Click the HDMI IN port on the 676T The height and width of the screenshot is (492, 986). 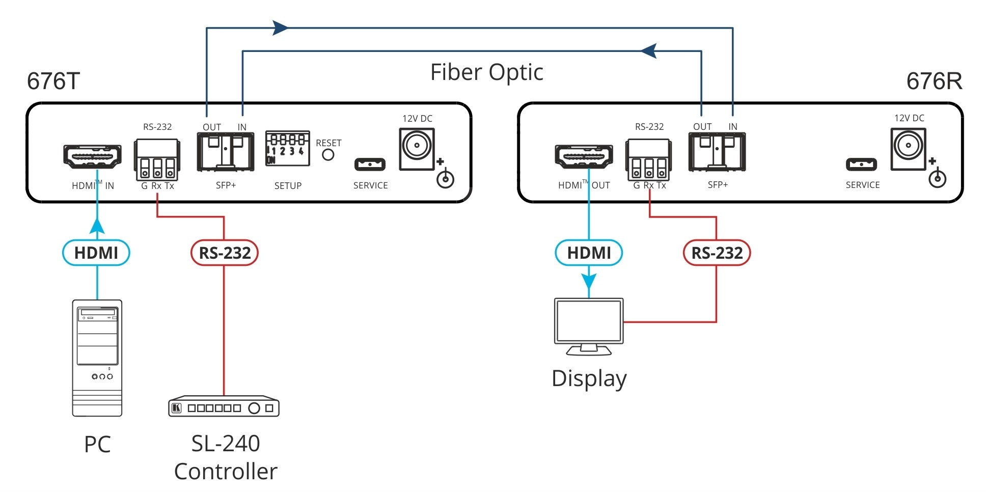92,156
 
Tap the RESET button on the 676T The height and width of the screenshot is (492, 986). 328,154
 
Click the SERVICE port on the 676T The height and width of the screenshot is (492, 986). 370,164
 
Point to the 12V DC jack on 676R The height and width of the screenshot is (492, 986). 908,148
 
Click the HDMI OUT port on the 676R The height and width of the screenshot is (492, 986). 584,156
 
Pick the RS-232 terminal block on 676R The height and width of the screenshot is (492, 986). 648,159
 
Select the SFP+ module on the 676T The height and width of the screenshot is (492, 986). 225,151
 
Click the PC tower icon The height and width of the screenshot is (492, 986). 97,358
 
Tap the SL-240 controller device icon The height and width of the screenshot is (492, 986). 224,407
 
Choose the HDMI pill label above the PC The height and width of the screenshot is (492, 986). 96,253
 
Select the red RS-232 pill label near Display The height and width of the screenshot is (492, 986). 717,253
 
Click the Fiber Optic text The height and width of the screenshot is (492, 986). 486,72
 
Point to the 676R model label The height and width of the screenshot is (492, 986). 934,81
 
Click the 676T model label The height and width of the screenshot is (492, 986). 53,81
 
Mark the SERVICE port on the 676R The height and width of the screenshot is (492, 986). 861,164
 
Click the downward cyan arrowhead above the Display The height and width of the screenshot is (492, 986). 589,282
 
